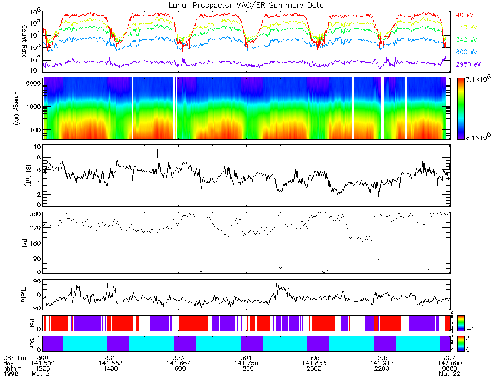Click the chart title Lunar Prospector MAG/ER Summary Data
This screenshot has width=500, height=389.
tap(246, 5)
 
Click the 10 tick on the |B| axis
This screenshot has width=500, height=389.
tap(36, 147)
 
